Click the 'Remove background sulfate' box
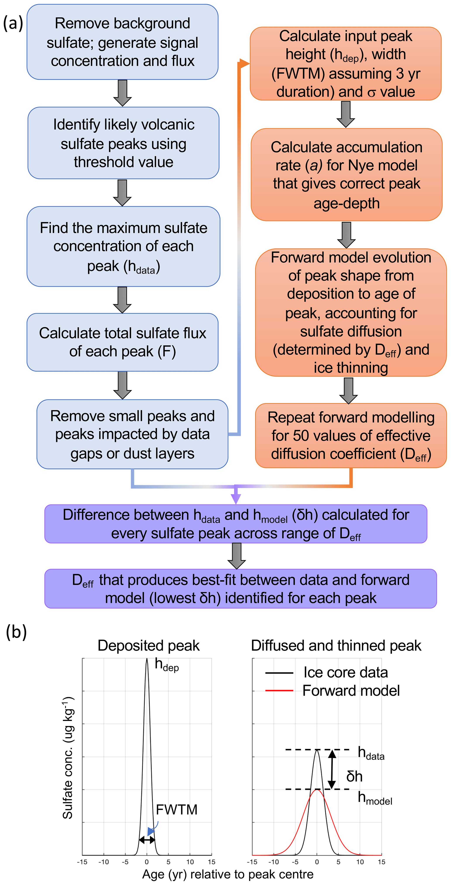[123, 42]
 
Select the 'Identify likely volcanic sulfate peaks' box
[123, 143]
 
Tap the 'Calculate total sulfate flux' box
[123, 342]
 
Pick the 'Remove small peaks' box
[132, 434]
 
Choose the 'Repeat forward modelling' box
[351, 436]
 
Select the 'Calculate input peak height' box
[346, 64]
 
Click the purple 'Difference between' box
[236, 524]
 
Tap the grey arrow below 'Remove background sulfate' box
[123, 93]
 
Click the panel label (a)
[13, 23]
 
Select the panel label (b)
[16, 631]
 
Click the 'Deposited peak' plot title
[148, 646]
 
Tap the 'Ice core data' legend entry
[345, 672]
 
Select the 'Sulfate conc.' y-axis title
[68, 758]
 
